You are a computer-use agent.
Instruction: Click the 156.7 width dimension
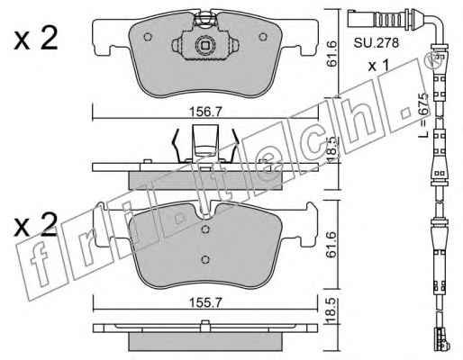click(x=205, y=112)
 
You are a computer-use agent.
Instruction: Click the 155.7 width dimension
click(x=205, y=302)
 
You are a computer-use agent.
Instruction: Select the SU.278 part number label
click(x=377, y=43)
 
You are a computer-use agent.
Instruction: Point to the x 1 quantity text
click(x=378, y=66)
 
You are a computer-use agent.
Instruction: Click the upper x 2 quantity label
click(x=36, y=40)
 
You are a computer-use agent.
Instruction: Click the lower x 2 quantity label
click(x=36, y=225)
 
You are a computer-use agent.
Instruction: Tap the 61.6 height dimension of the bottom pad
click(x=331, y=245)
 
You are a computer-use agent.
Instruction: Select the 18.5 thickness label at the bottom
click(x=331, y=311)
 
